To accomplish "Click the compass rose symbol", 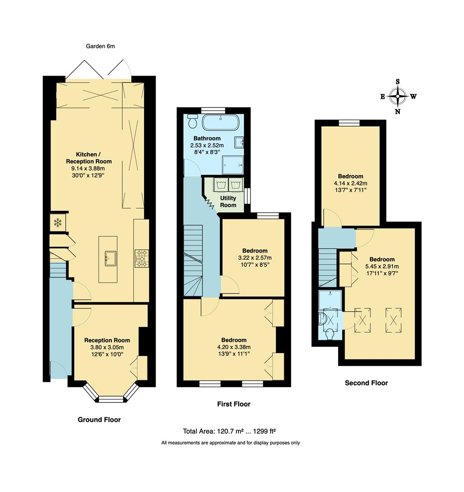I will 398,97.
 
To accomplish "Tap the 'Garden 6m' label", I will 100,46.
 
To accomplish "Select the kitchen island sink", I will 110,258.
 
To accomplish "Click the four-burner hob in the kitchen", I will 141,258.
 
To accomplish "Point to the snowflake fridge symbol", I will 58,223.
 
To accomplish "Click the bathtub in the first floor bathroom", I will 220,123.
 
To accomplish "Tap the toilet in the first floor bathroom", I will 193,122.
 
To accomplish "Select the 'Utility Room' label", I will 228,202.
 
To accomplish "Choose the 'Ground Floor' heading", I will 99,420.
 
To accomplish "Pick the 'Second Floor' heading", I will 366,383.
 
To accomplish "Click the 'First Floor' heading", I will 234,404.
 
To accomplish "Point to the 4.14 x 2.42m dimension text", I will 350,183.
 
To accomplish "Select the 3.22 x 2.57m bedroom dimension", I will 255,258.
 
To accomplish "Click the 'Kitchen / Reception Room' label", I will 89,158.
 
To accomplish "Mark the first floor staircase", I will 193,260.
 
